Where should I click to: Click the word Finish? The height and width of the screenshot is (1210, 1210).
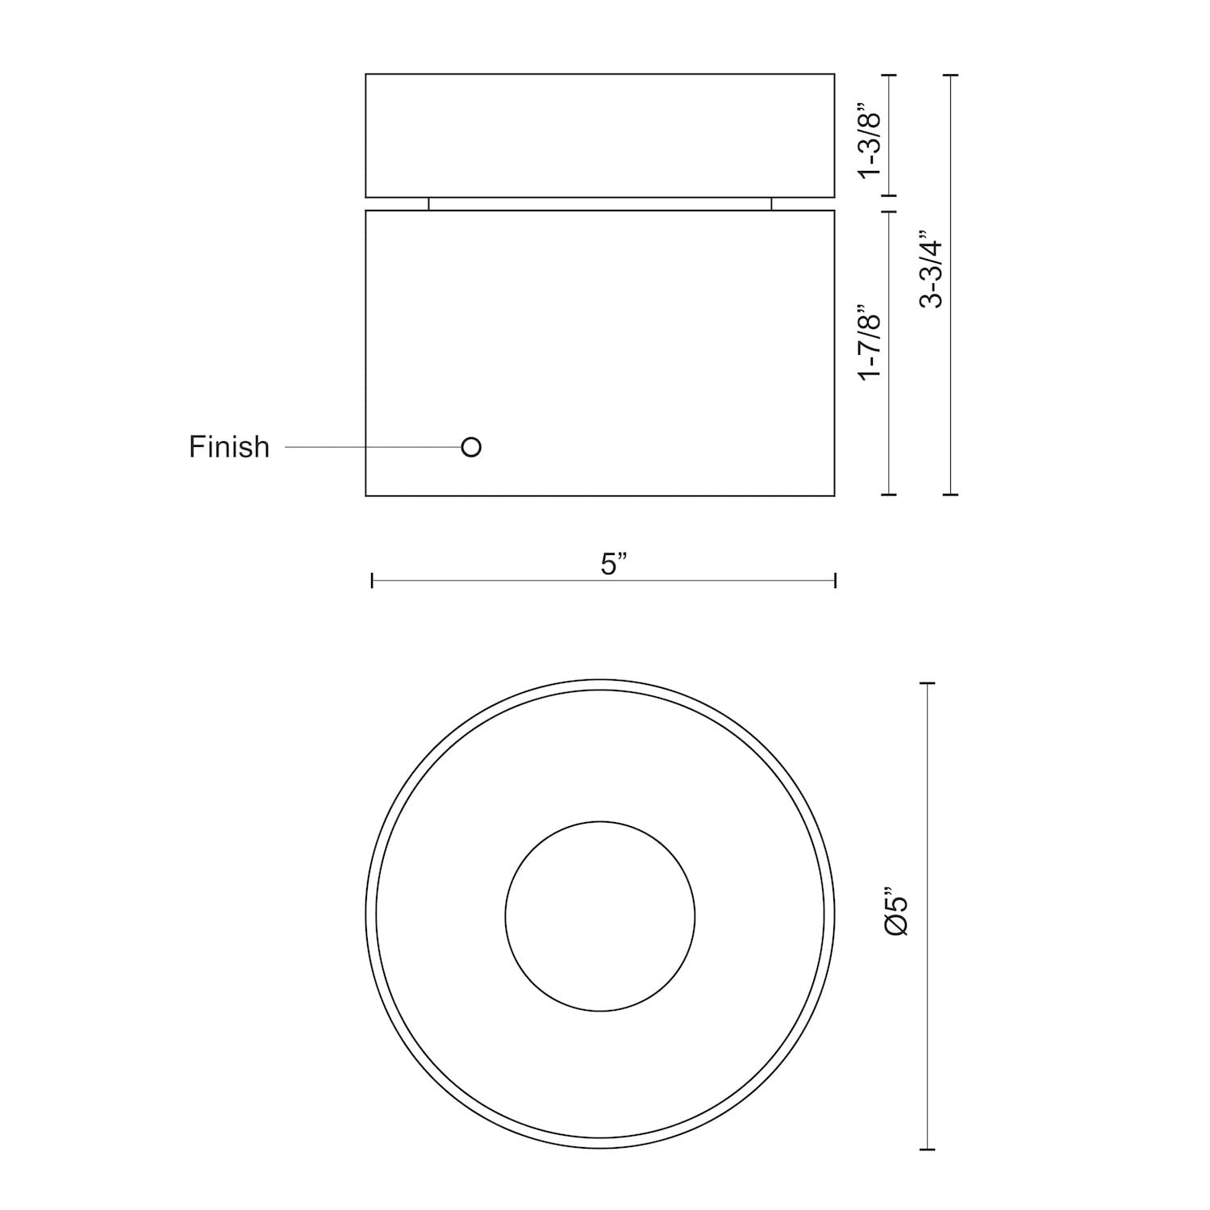click(229, 447)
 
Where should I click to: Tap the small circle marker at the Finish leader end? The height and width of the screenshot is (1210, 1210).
click(471, 447)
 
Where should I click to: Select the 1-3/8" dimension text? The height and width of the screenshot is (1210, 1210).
click(870, 140)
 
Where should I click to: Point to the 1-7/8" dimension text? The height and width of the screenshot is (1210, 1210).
click(870, 343)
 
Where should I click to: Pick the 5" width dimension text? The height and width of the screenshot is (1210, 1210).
click(614, 564)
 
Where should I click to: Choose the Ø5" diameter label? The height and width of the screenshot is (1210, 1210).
click(897, 912)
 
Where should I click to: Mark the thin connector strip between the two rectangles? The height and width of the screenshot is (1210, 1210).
click(600, 204)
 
